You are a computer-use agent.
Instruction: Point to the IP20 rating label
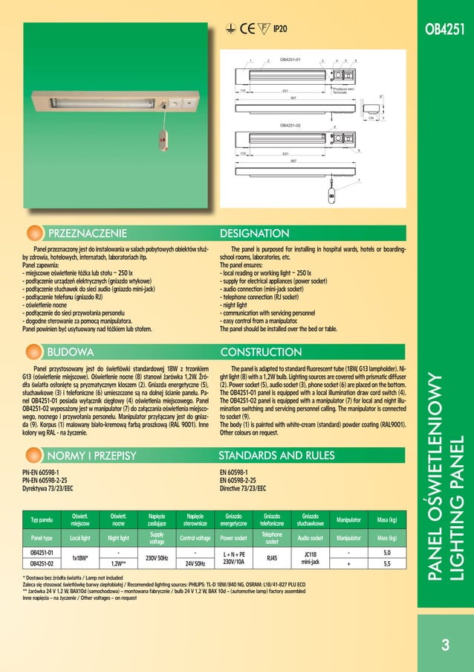280,29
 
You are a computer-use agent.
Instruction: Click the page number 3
445,645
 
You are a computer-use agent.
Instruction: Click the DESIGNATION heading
255,234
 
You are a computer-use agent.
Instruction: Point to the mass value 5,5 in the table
386,564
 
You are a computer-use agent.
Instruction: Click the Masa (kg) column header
386,519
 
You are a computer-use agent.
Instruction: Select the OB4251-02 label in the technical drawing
290,126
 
